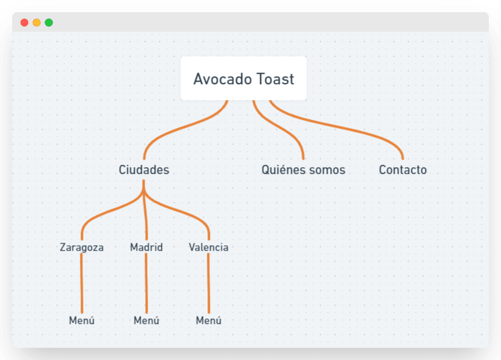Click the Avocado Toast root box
click(x=243, y=78)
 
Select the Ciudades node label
click(x=144, y=170)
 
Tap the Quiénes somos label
click(x=303, y=170)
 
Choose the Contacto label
click(x=403, y=170)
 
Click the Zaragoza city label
click(x=82, y=247)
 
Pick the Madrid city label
click(x=146, y=247)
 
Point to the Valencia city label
click(x=209, y=247)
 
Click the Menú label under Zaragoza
click(x=82, y=320)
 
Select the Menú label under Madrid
click(x=146, y=320)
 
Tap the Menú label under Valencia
click(x=209, y=320)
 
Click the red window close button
click(x=24, y=23)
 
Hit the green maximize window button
click(x=49, y=23)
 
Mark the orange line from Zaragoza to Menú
click(x=81, y=284)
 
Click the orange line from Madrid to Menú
click(x=146, y=284)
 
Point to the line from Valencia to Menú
click(x=209, y=284)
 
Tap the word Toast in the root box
click(x=275, y=79)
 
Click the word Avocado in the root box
click(x=218, y=79)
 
